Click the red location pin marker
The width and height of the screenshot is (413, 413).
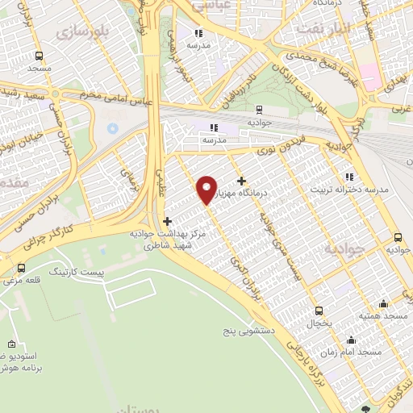point(207,190)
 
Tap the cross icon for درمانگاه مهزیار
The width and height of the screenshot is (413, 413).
point(240,181)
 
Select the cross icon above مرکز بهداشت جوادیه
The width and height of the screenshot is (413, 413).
point(167,221)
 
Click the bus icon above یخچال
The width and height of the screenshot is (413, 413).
point(319,311)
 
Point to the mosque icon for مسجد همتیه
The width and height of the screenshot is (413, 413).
point(382,303)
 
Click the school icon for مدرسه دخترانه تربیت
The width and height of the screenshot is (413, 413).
point(349,177)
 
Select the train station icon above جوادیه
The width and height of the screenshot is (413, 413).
point(258,110)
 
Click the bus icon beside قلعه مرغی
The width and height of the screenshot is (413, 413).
point(21,269)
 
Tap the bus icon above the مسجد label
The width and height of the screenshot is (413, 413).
point(39,56)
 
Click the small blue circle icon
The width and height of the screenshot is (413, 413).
point(111,129)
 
